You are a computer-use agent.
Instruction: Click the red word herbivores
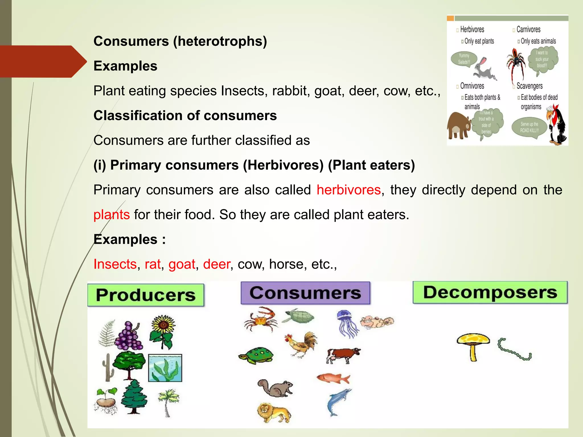click(348, 190)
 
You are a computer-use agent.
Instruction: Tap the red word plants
click(112, 215)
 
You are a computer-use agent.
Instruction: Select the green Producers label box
click(146, 295)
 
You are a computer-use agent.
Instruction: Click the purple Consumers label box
click(305, 293)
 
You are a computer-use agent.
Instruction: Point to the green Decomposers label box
click(490, 292)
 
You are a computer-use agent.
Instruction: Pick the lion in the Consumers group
click(274, 412)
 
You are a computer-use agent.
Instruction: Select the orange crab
click(260, 319)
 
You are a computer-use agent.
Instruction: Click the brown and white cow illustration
click(343, 355)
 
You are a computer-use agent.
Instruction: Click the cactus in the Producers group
click(108, 367)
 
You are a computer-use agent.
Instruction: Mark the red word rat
click(153, 264)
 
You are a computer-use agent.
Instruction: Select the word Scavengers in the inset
click(529, 86)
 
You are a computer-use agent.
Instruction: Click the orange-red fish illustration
click(333, 378)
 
